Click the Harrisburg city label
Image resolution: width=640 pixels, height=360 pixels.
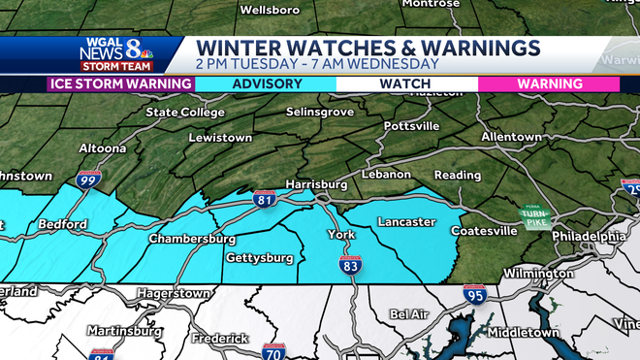316,183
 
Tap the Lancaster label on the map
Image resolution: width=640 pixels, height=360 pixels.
405,222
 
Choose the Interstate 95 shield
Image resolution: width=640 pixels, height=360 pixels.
474,294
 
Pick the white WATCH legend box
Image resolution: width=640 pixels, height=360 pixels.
406,84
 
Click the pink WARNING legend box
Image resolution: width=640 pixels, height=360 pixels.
549,84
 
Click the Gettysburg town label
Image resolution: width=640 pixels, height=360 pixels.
259,258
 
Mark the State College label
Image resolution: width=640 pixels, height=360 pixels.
184,113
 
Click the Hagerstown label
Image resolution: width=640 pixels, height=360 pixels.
174,291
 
